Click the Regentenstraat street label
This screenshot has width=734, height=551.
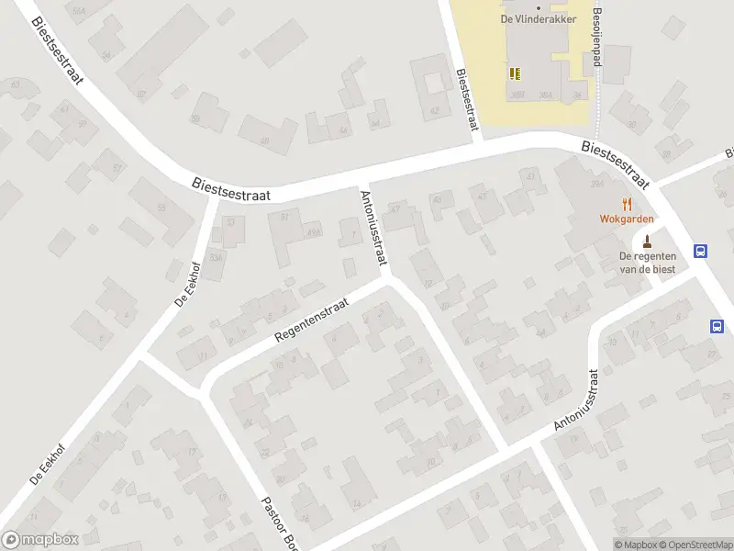tap(312, 320)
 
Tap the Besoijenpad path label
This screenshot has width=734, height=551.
tap(597, 33)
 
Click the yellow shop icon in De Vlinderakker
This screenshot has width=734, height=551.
tap(514, 73)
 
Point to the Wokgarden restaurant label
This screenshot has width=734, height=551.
tap(628, 219)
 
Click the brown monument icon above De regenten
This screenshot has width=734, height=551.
tap(648, 242)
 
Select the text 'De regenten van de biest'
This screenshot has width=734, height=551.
tap(648, 262)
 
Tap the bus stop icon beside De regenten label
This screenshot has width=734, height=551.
tap(702, 251)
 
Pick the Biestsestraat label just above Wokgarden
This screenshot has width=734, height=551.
tap(616, 163)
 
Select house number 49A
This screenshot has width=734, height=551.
tap(314, 233)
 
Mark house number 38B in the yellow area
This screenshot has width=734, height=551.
tap(518, 94)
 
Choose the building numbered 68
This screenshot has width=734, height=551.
tap(264, 141)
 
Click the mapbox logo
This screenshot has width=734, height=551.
tap(40, 540)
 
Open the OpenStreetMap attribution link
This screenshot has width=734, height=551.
tap(695, 545)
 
